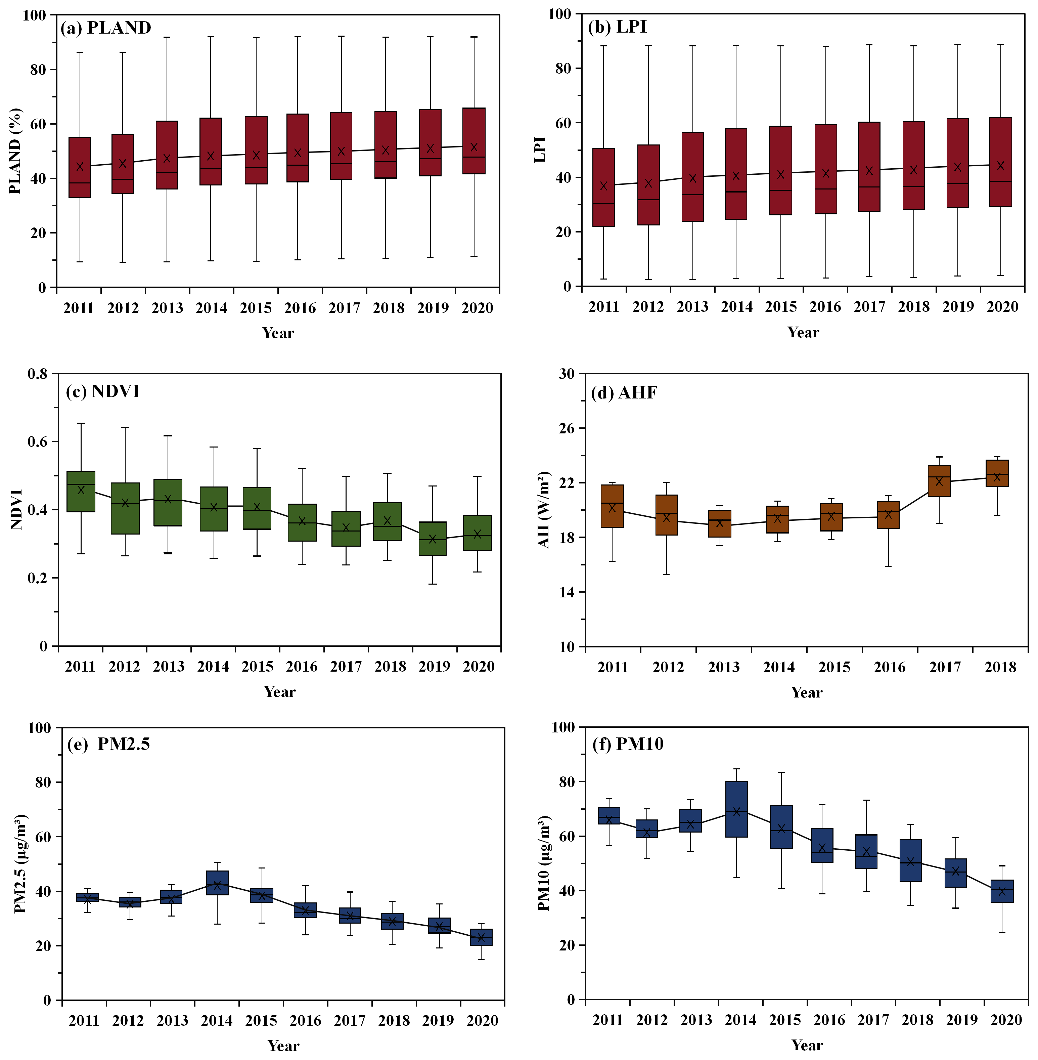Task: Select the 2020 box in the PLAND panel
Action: click(474, 141)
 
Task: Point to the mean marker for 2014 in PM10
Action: click(736, 812)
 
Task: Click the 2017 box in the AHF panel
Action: click(939, 481)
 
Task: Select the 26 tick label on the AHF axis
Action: click(567, 428)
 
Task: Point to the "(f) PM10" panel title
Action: click(628, 744)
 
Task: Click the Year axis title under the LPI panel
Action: click(803, 332)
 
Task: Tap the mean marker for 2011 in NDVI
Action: click(81, 490)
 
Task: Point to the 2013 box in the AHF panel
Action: click(720, 523)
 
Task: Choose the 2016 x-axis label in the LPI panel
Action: click(825, 307)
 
